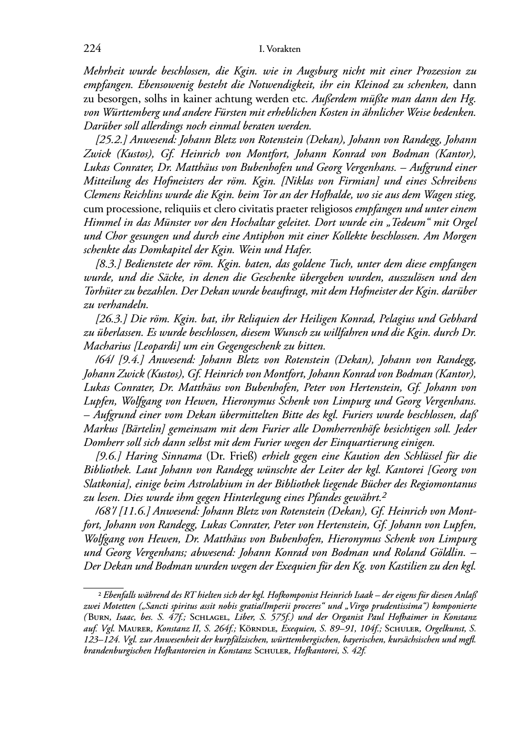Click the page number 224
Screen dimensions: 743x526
click(x=92, y=49)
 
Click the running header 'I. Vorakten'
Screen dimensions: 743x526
click(x=280, y=49)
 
